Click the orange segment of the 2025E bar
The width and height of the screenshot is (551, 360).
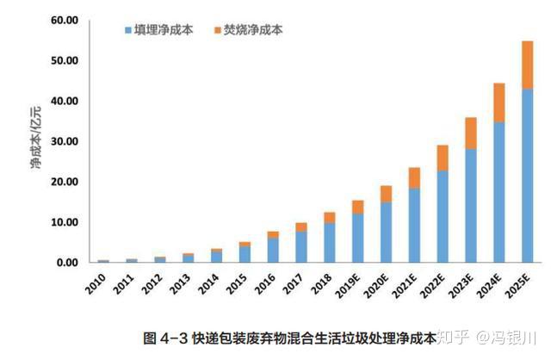[x=527, y=65]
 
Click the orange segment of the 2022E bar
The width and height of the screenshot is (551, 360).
[x=443, y=157]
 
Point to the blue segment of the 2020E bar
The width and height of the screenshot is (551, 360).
[x=387, y=232]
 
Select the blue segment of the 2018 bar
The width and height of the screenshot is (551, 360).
[x=330, y=242]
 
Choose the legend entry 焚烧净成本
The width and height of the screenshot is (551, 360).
[x=251, y=30]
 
